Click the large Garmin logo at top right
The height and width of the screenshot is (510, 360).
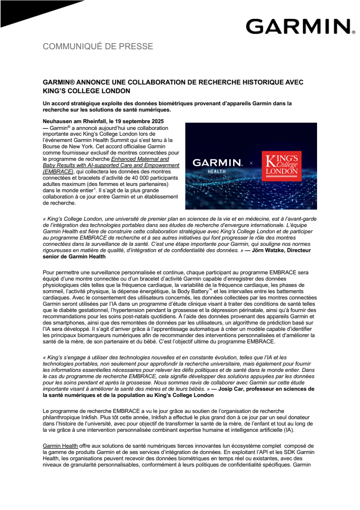(298, 27)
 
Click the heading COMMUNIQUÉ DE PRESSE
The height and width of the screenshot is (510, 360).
(98, 46)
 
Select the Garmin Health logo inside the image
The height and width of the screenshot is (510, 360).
(217, 166)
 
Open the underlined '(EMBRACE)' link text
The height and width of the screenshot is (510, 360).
(58, 171)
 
